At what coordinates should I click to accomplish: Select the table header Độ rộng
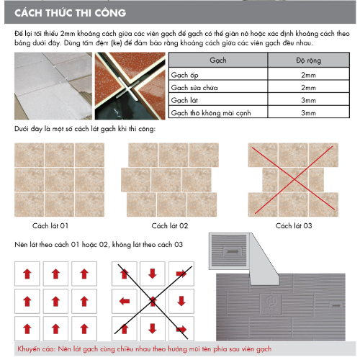(308, 60)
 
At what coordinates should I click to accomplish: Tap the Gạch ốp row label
(184, 75)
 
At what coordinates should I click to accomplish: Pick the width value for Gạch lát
(308, 100)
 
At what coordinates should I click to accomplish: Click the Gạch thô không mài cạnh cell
(211, 113)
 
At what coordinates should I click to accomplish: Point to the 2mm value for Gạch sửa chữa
(308, 88)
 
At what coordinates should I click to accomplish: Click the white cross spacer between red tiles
(129, 89)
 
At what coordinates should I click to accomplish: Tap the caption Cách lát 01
(50, 225)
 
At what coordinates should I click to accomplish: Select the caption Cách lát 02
(170, 225)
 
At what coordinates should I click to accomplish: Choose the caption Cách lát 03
(294, 225)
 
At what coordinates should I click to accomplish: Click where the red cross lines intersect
(294, 179)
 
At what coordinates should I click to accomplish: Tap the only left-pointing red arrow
(125, 301)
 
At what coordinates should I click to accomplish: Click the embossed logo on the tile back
(271, 305)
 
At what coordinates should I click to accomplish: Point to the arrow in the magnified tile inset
(233, 251)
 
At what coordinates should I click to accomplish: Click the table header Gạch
(218, 60)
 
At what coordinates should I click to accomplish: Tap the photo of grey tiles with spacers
(53, 86)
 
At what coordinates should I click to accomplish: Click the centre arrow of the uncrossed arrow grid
(55, 301)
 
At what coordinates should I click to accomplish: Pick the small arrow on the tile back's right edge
(336, 305)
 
